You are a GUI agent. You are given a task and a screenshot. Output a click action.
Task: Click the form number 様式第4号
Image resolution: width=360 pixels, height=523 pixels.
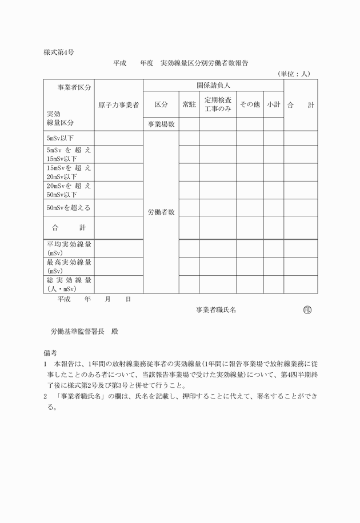(59, 52)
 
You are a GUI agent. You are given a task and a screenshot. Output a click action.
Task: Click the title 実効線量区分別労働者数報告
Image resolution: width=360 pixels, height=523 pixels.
(204, 63)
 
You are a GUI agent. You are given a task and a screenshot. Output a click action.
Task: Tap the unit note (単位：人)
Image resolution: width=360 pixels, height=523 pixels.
(294, 73)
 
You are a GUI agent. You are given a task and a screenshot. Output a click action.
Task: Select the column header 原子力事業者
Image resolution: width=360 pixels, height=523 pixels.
(118, 105)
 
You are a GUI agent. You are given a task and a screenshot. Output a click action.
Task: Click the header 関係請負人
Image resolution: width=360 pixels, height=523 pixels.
(213, 86)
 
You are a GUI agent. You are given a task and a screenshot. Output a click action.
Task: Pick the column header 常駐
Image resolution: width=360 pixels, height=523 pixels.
(189, 105)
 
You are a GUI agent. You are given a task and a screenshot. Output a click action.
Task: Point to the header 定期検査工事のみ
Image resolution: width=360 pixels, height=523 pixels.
(218, 104)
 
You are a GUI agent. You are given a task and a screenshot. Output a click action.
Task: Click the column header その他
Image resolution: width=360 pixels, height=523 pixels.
(250, 105)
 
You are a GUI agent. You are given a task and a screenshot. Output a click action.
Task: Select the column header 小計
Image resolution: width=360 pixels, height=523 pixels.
(273, 105)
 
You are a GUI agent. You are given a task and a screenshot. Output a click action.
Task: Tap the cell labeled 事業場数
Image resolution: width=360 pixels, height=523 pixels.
(161, 124)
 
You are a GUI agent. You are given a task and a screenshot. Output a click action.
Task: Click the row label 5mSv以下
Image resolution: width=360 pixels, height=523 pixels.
(61, 138)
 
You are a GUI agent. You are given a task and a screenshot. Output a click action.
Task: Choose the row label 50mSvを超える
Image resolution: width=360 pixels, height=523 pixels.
(69, 208)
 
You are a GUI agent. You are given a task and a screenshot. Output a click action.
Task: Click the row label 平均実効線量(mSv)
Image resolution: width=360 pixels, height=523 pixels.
(69, 248)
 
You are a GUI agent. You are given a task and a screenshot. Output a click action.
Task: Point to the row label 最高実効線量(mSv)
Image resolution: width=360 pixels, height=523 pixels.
(69, 266)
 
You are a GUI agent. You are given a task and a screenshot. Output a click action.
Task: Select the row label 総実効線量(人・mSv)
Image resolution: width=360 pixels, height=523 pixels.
(69, 284)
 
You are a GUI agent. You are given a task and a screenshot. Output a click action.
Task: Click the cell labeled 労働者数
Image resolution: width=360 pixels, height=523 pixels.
(161, 212)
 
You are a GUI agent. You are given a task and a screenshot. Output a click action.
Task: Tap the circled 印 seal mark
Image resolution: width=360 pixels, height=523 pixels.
(307, 310)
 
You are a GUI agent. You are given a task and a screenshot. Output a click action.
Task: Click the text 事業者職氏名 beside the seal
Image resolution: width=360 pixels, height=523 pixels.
(216, 310)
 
